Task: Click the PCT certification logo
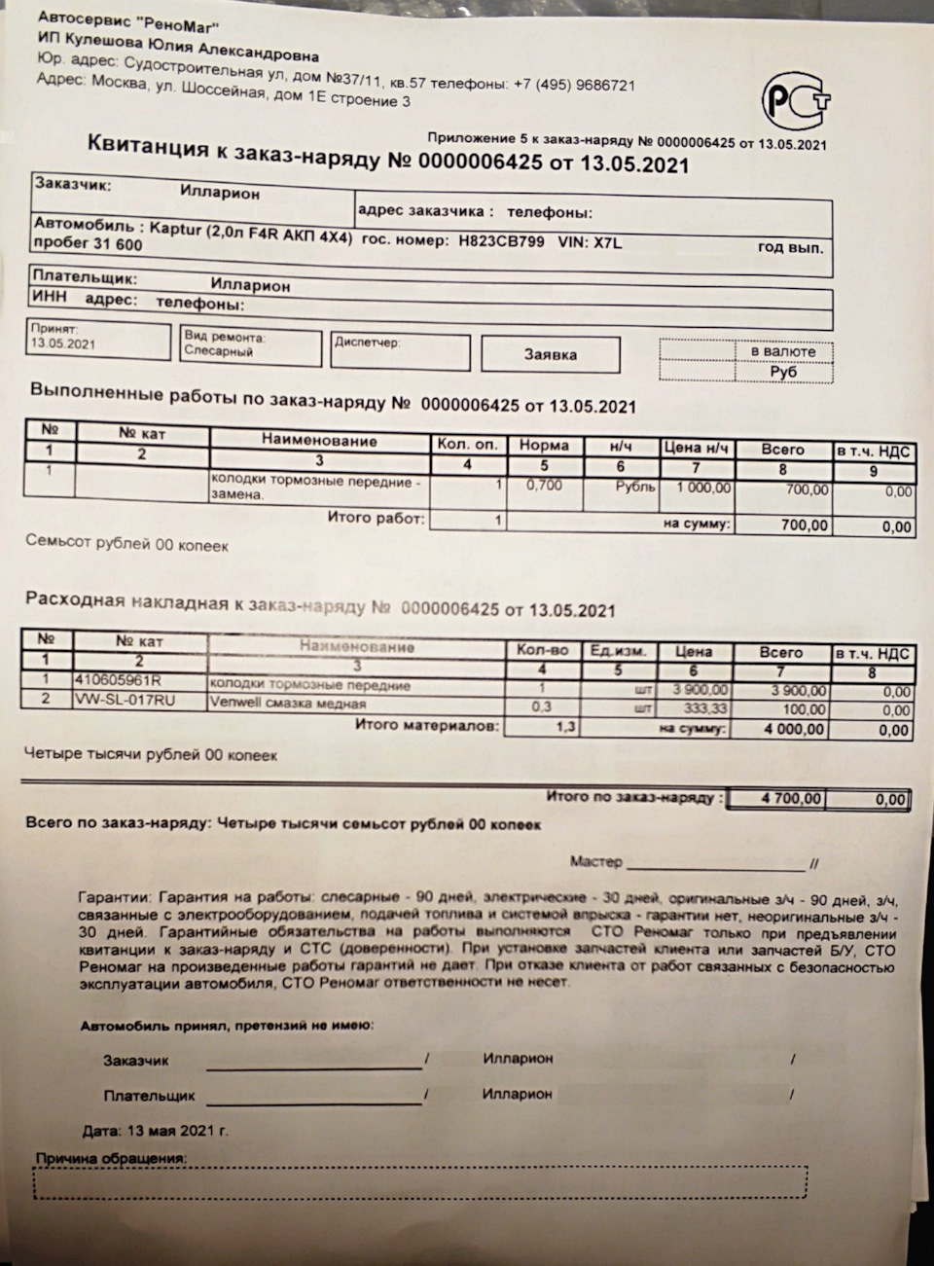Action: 796,100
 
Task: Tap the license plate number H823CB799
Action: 501,241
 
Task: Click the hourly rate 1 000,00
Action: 695,488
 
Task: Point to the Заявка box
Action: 550,355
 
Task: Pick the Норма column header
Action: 544,446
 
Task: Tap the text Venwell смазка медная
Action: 289,704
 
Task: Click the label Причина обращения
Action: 110,1159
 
